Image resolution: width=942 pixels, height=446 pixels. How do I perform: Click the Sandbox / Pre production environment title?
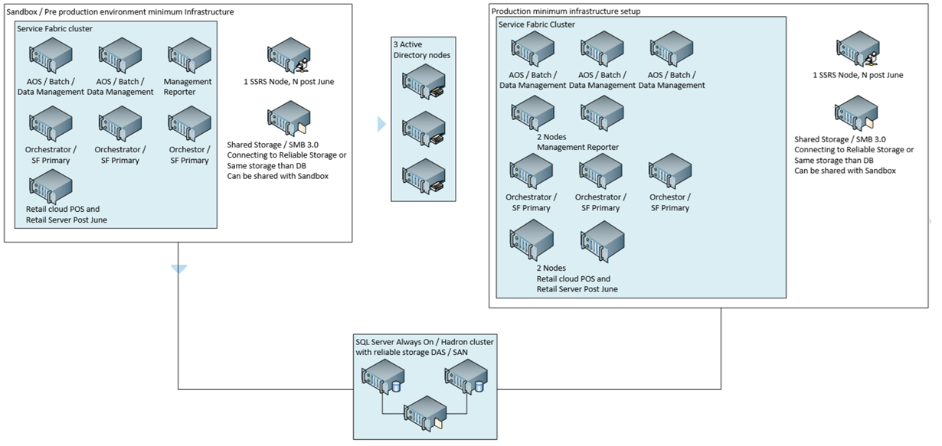pyautogui.click(x=120, y=11)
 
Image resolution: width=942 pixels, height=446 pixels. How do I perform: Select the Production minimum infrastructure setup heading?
pyautogui.click(x=566, y=11)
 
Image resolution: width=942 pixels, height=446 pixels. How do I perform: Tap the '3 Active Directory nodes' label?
pyautogui.click(x=423, y=50)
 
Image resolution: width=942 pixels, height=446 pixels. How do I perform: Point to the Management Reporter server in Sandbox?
pyautogui.click(x=189, y=56)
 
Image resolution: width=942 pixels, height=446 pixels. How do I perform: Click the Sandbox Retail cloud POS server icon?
pyautogui.click(x=51, y=186)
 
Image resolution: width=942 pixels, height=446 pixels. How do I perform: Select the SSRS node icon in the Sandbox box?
pyautogui.click(x=288, y=56)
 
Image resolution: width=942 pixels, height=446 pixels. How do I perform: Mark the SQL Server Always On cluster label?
pyautogui.click(x=424, y=347)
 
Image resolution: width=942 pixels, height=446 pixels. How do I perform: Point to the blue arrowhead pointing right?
pyautogui.click(x=381, y=124)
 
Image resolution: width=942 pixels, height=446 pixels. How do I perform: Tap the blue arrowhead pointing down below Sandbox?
pyautogui.click(x=179, y=269)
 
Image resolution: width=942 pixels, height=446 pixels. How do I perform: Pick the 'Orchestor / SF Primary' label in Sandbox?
pyautogui.click(x=189, y=155)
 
